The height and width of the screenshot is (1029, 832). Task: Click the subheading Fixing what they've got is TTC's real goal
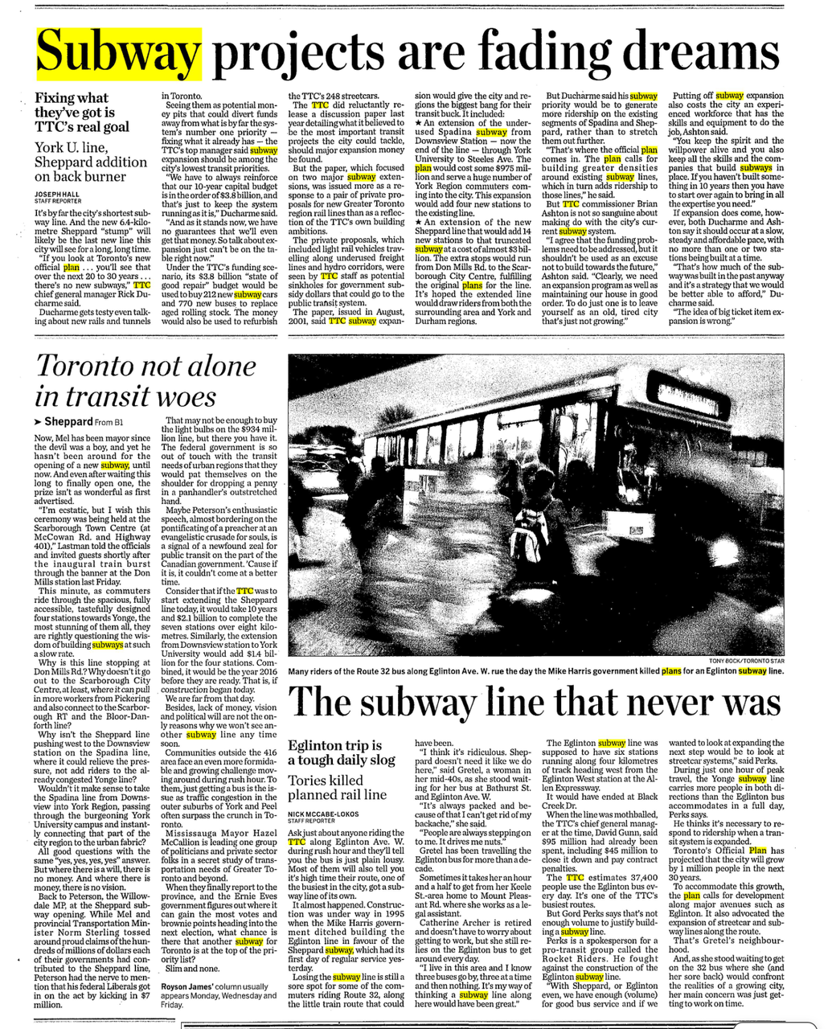(81, 113)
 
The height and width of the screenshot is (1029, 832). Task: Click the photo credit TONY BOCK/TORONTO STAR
(745, 660)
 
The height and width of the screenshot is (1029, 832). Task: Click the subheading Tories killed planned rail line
(337, 787)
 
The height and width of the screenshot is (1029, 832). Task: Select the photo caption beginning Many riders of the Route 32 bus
(535, 670)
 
